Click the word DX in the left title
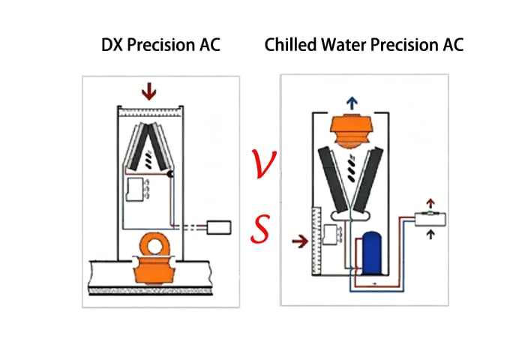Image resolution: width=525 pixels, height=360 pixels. [x=113, y=45]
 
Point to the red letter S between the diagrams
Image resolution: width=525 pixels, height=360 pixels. [x=260, y=229]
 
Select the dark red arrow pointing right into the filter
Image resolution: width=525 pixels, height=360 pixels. [x=297, y=241]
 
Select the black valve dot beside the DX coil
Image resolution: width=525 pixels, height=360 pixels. [x=172, y=175]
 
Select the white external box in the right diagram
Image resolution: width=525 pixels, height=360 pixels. [x=430, y=218]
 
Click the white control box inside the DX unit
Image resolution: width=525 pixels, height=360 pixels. [x=137, y=188]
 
